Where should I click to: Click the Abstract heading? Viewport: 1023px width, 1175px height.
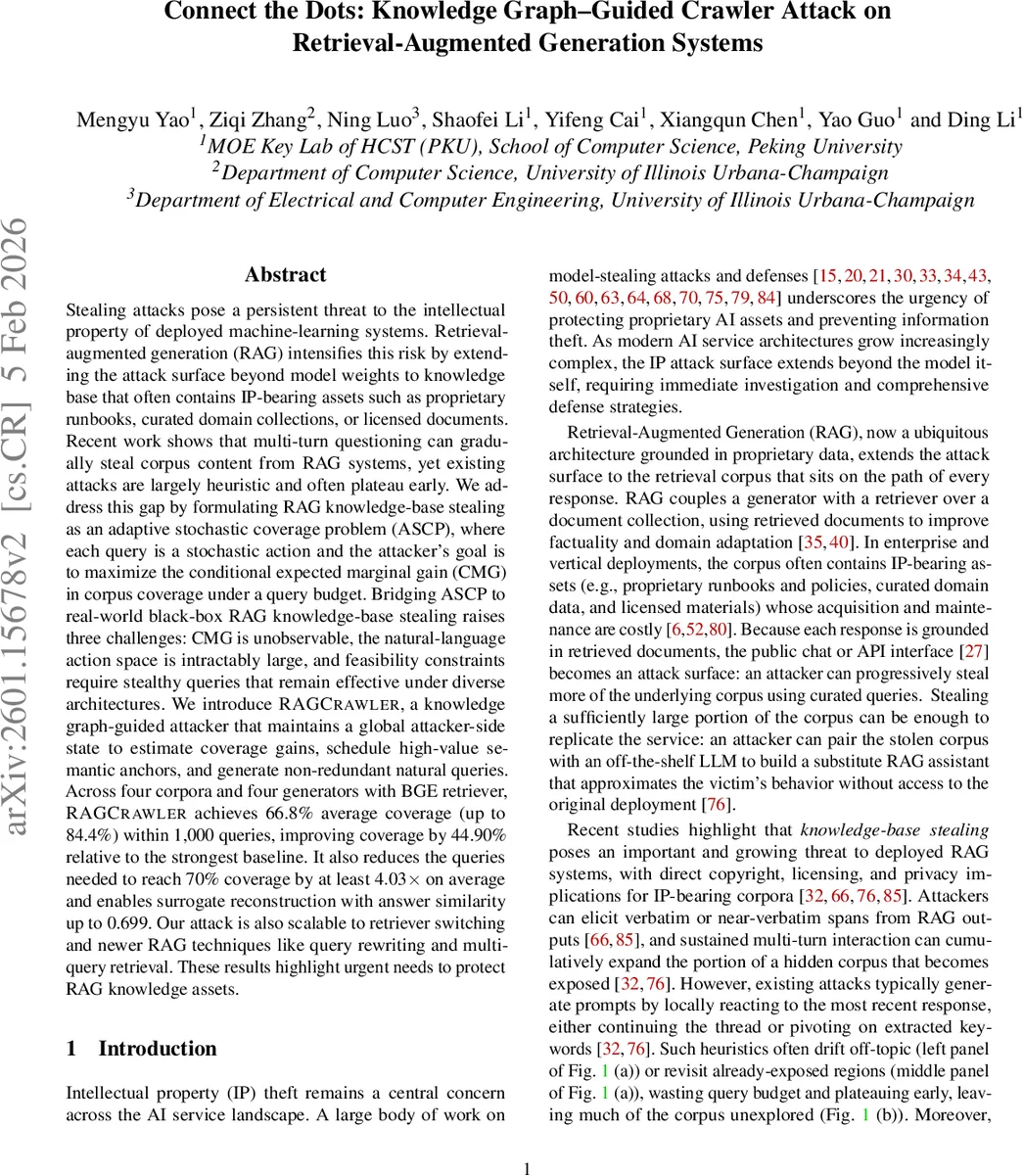click(285, 275)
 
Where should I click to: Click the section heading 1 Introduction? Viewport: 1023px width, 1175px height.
click(141, 1049)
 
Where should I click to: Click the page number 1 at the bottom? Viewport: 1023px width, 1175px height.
click(528, 1167)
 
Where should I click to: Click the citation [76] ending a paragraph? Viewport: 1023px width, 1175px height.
click(717, 805)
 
